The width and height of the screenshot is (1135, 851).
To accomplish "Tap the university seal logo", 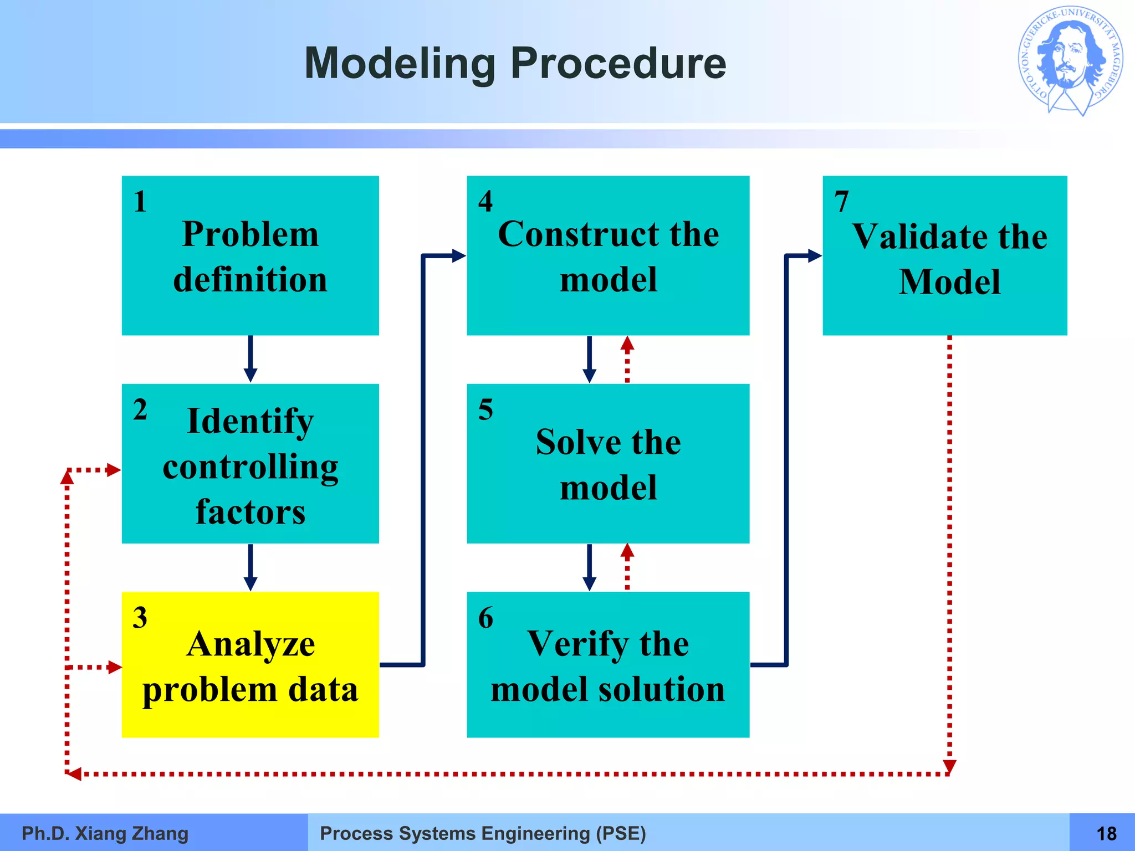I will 1070,61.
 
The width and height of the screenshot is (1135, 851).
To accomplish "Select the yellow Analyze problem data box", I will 250,664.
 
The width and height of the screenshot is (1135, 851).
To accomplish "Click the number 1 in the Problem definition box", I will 140,201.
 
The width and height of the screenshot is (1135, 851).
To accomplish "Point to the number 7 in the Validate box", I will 841,201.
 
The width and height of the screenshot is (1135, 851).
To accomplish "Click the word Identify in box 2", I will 250,421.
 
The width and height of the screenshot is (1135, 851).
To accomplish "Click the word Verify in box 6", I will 576,644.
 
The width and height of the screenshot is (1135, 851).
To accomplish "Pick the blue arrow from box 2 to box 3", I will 250,567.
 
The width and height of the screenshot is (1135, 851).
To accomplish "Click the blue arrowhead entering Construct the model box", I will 458,255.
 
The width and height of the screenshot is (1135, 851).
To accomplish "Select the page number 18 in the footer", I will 1106,833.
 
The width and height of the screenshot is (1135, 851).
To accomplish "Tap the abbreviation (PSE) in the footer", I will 621,833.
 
